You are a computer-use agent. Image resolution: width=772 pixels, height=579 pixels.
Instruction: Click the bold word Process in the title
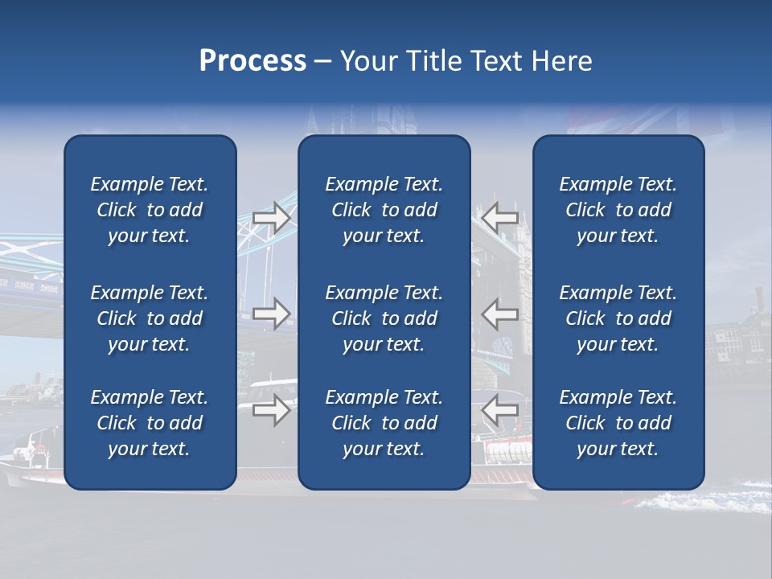[253, 61]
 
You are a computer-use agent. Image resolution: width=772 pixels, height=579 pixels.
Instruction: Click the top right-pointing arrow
[272, 218]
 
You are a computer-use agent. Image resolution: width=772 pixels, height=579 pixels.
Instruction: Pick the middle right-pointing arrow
[272, 314]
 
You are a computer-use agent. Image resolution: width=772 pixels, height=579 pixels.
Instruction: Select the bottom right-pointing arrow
[272, 410]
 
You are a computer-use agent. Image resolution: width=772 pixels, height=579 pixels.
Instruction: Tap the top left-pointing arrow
[500, 218]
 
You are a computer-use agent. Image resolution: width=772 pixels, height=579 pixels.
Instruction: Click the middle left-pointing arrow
[500, 314]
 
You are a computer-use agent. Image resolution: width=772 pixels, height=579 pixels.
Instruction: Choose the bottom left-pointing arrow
[500, 410]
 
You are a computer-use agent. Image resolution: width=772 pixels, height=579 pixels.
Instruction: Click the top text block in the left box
[150, 210]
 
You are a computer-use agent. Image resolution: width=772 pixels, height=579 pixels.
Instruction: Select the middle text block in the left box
[150, 318]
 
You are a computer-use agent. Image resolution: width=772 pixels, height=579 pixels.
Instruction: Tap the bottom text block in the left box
[150, 423]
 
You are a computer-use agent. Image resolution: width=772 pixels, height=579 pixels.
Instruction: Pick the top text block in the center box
[384, 210]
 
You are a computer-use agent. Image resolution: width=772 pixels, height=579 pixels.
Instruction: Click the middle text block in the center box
[384, 318]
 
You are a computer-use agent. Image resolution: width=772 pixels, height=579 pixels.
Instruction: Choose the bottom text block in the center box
[384, 423]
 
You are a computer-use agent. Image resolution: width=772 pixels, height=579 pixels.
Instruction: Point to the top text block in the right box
[618, 210]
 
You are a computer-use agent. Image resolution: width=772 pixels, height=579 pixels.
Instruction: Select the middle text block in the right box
[618, 318]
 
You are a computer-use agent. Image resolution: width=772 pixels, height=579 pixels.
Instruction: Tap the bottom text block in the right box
[618, 423]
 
